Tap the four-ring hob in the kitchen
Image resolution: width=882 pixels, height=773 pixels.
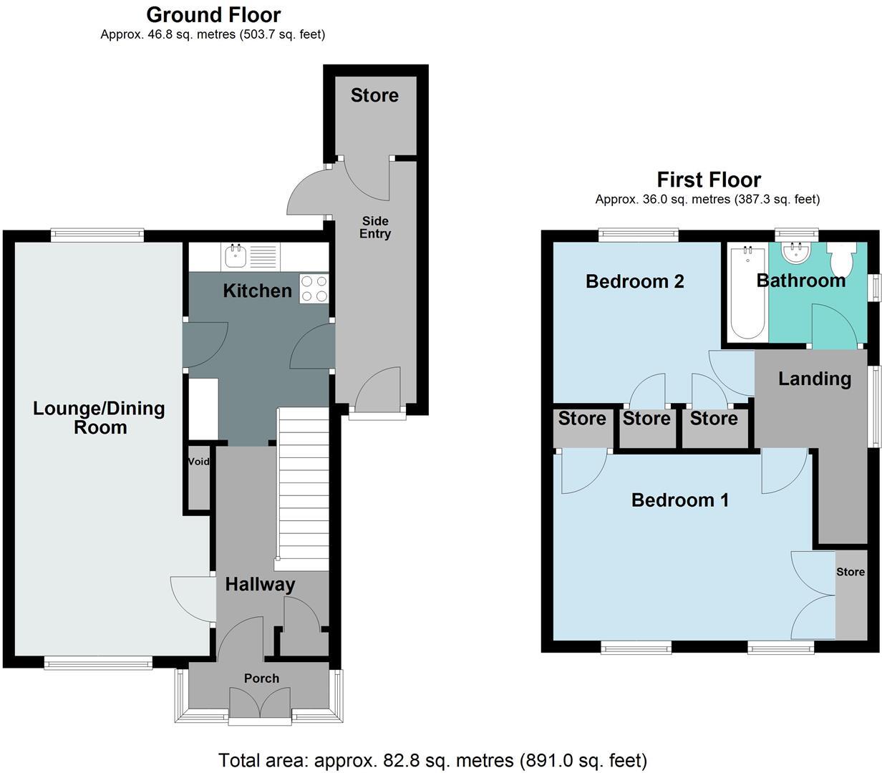coord(314,288)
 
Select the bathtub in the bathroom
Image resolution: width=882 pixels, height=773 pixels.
coord(746,292)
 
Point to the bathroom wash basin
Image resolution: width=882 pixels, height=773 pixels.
coord(795,253)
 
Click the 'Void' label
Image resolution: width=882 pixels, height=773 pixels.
coord(198,462)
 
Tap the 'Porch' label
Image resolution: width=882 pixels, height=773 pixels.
coord(261,679)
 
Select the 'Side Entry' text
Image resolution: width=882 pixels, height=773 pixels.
coord(375,228)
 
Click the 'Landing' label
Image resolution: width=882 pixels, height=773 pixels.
coord(814,379)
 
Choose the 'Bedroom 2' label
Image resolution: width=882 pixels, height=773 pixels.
coord(634,281)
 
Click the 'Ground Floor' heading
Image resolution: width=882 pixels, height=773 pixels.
coord(213,14)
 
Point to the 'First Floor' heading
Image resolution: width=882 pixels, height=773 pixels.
coord(708,179)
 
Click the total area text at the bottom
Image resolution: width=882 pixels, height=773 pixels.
coord(432,759)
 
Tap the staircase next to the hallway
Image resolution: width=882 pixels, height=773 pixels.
coord(303,487)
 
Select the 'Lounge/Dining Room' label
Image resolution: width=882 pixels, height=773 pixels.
coord(99,418)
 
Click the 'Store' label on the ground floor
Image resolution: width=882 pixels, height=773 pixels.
coord(374,95)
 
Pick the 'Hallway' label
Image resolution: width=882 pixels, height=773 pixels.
coord(260,584)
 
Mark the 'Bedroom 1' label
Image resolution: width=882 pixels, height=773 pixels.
coord(679,500)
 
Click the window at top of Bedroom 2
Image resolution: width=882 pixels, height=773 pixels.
coord(638,232)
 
